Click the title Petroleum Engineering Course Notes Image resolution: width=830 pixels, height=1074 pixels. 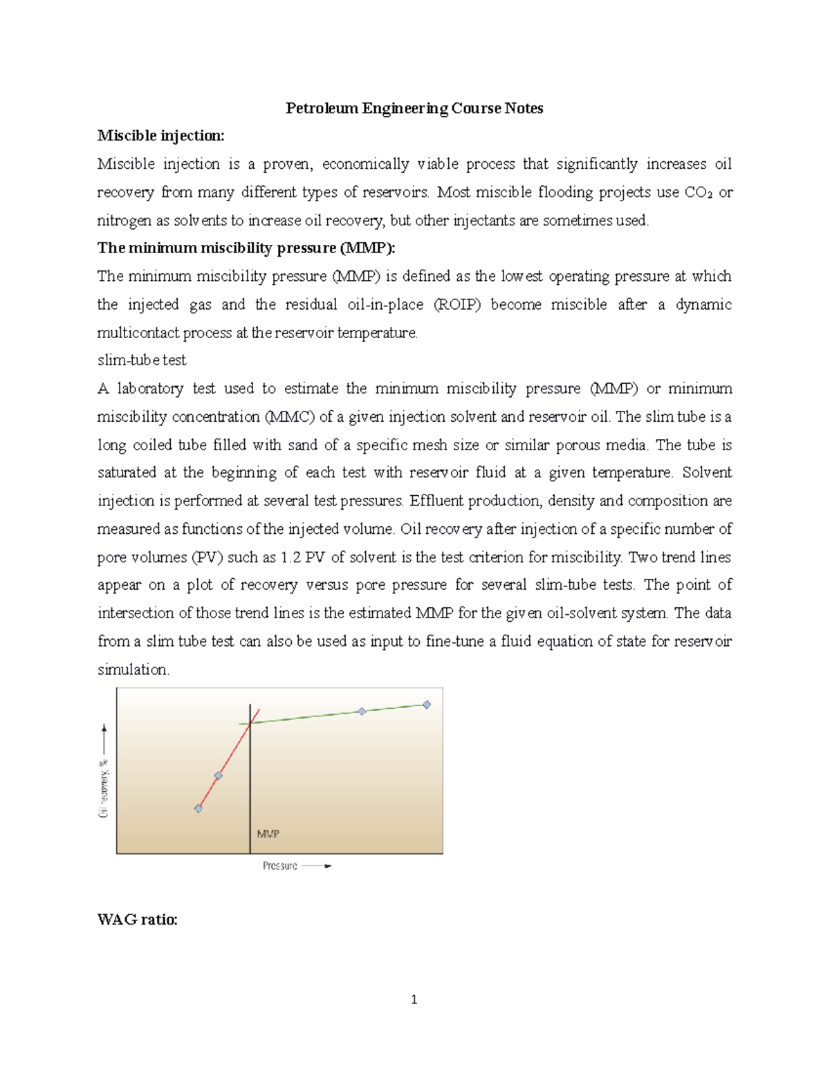(414, 108)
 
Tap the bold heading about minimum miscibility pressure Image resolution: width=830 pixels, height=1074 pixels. (246, 248)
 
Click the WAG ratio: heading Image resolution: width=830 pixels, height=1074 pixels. (138, 919)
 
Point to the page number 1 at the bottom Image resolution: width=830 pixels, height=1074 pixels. (414, 999)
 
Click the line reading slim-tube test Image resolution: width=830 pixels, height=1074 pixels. (142, 360)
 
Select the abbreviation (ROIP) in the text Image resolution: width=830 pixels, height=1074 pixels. (456, 305)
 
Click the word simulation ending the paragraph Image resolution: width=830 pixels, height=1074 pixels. (132, 669)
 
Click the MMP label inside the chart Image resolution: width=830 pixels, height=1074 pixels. (268, 834)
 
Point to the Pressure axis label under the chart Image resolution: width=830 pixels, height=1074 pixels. (279, 866)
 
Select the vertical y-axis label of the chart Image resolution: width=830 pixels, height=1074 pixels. (104, 788)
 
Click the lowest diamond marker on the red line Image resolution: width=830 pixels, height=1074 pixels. (199, 808)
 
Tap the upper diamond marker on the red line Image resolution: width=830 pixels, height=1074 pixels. (218, 776)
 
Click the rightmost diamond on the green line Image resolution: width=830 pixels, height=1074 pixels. (427, 705)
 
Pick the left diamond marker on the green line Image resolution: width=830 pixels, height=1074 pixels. (362, 711)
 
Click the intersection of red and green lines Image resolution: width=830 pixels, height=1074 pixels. (250, 723)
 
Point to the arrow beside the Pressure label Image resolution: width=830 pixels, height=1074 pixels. (317, 866)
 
